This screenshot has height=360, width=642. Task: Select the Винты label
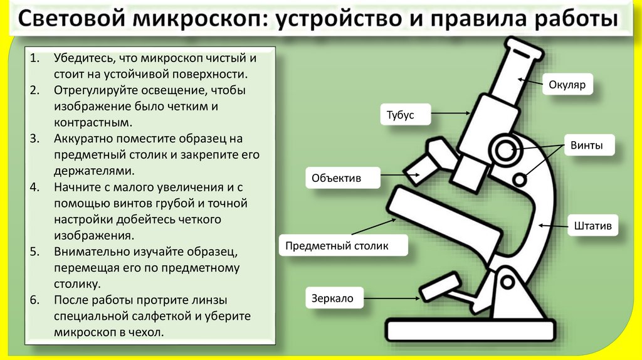coord(586,146)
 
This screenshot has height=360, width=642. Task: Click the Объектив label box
coord(337,178)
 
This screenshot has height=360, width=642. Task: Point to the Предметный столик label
coord(337,246)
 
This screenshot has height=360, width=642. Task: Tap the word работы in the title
coord(576,21)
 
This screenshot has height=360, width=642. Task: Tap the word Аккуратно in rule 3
coord(85,139)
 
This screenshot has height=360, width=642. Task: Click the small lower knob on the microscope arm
coord(519,179)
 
